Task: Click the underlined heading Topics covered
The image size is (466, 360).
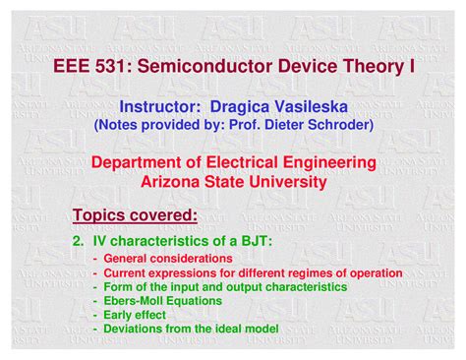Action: pos(135,214)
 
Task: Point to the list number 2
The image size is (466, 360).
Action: pos(79,240)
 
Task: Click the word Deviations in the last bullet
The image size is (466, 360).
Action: pos(134,328)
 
